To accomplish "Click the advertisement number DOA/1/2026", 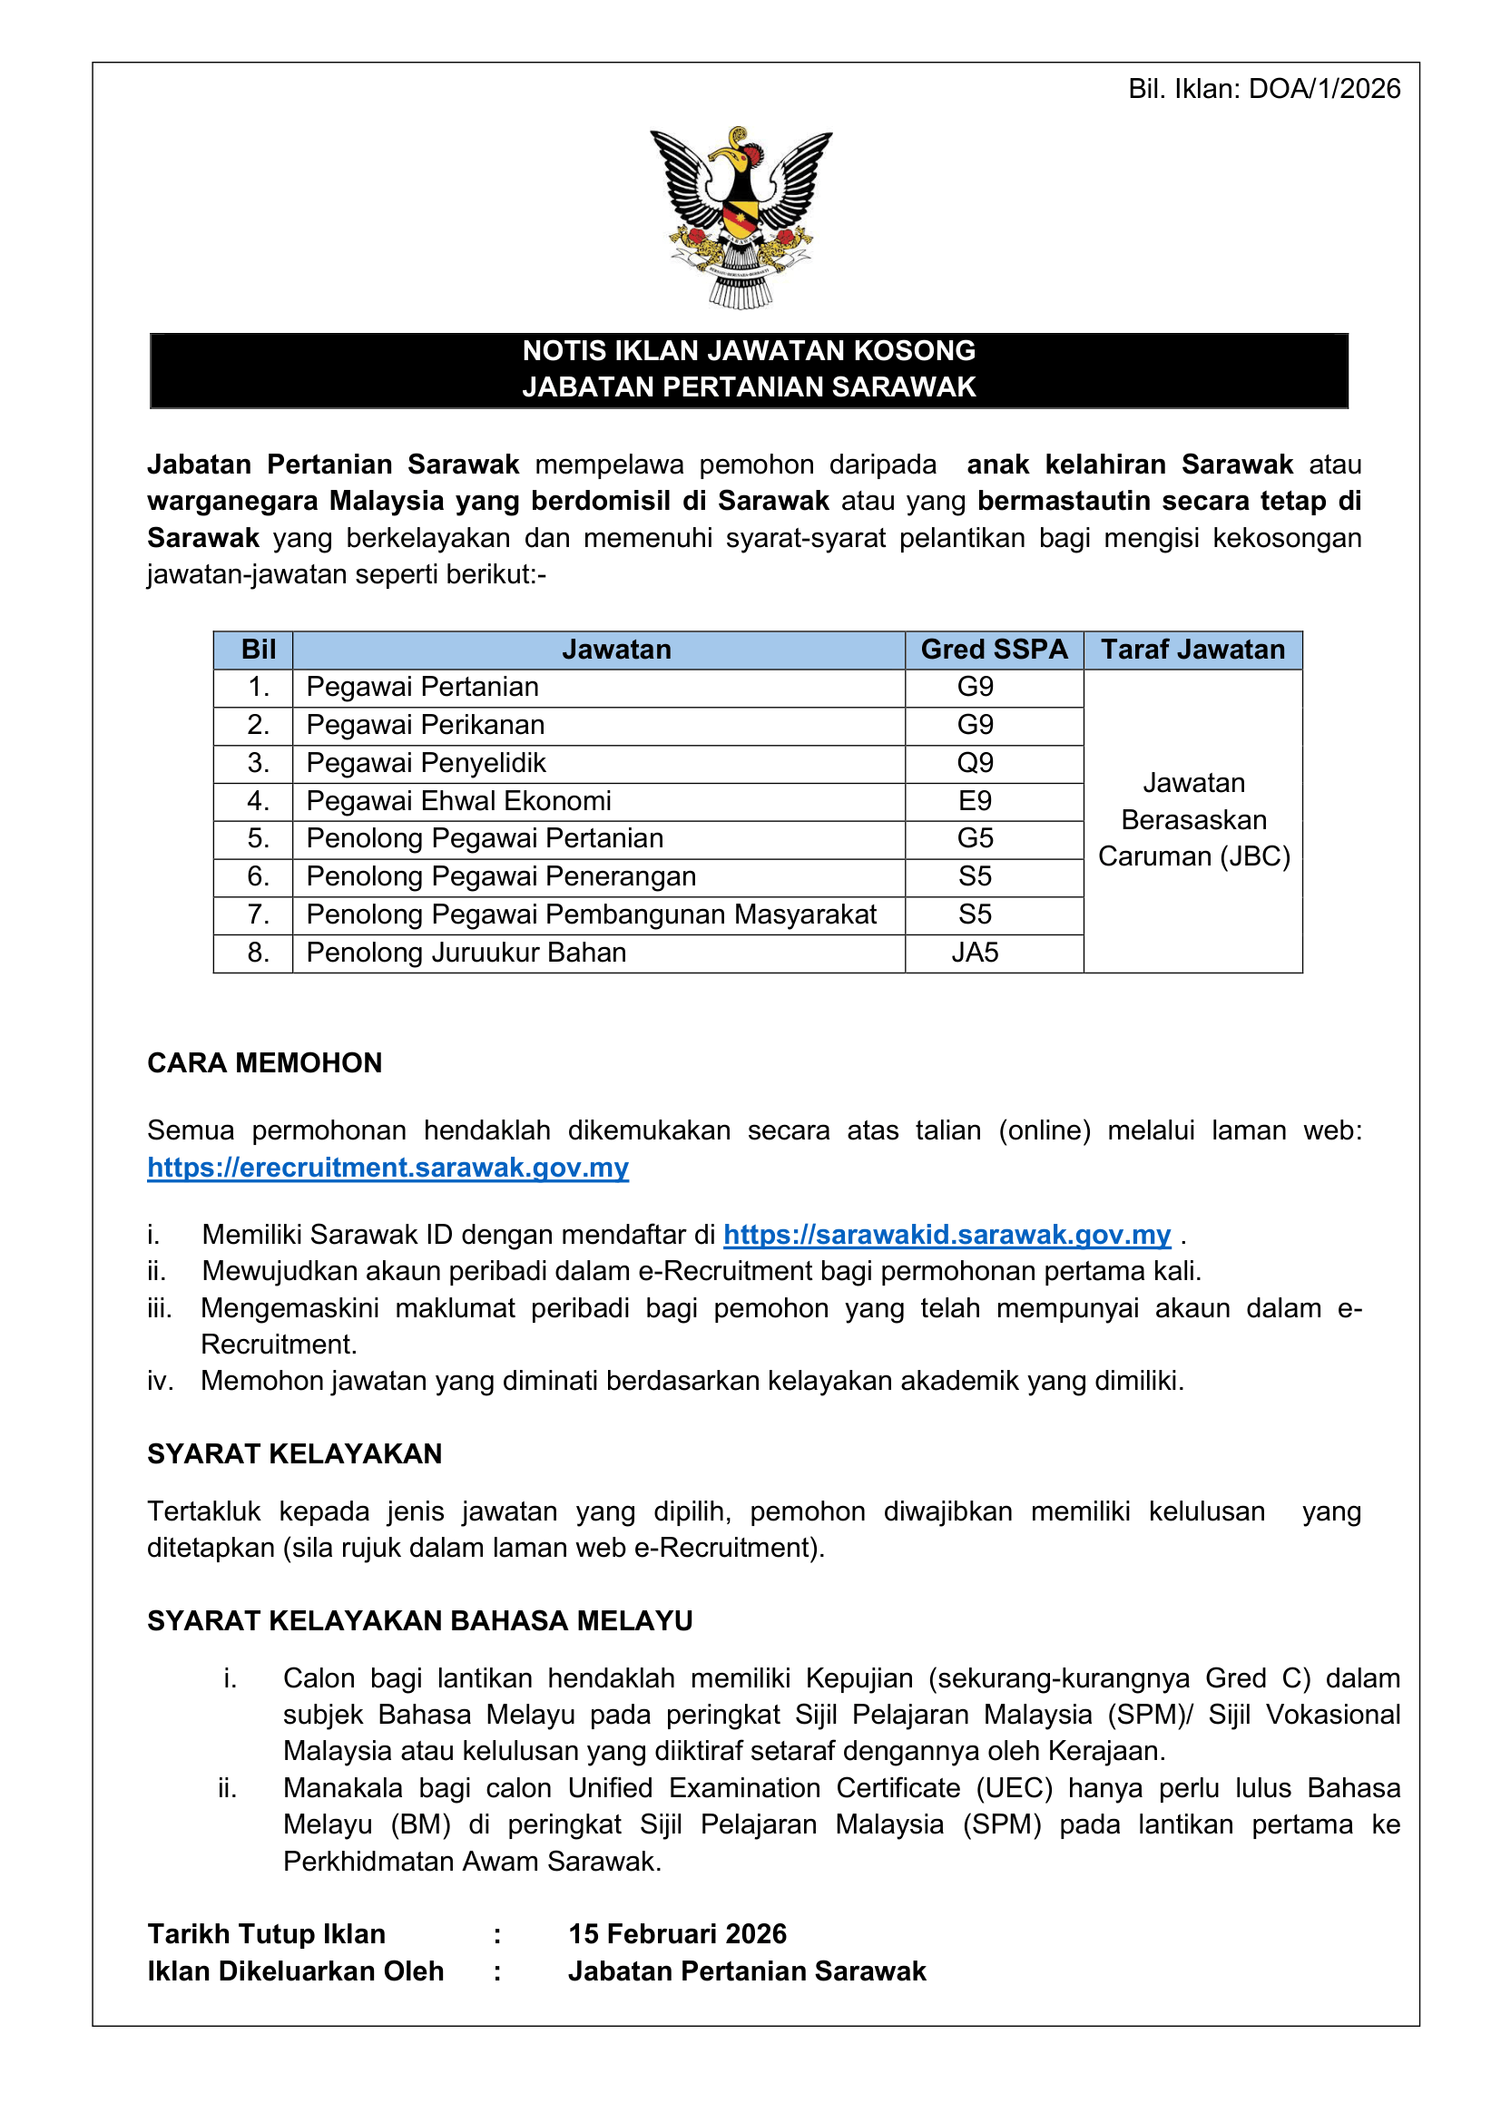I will pyautogui.click(x=1323, y=89).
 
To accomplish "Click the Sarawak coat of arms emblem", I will pyautogui.click(x=741, y=217).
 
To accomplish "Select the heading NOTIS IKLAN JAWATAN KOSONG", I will pyautogui.click(x=749, y=351).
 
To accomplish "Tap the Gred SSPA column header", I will pyautogui.click(x=994, y=650).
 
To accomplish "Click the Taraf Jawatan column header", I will pyautogui.click(x=1192, y=650).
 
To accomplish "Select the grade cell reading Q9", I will pyautogui.click(x=975, y=763).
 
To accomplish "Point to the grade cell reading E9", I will pyautogui.click(x=975, y=801).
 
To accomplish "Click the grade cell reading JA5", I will pyautogui.click(x=975, y=953).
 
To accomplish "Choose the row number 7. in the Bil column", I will pyautogui.click(x=258, y=915).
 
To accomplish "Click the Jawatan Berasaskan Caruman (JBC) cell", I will pyautogui.click(x=1193, y=820).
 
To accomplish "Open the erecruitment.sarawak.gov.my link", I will pyautogui.click(x=388, y=1168).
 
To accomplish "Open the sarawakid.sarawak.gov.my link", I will pyautogui.click(x=947, y=1235).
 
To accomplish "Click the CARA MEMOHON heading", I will pyautogui.click(x=264, y=1063).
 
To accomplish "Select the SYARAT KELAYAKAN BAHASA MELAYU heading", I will pyautogui.click(x=419, y=1621).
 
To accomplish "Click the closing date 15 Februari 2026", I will pyautogui.click(x=678, y=1934).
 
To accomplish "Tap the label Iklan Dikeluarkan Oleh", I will pyautogui.click(x=295, y=1971).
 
